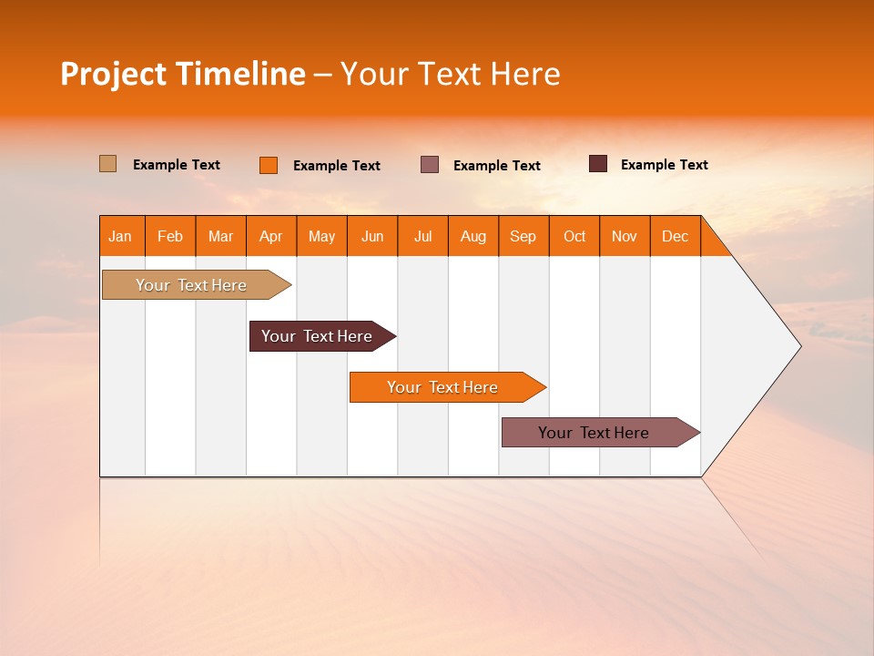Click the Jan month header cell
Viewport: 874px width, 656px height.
tap(121, 236)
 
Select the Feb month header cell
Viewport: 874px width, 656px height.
tap(170, 236)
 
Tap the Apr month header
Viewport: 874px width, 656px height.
tap(271, 236)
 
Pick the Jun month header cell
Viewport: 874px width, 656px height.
tap(372, 236)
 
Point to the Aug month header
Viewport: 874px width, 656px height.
tap(473, 236)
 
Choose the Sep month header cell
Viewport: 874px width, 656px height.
tap(523, 236)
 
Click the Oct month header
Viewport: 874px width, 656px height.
tap(574, 236)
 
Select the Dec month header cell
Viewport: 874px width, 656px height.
tap(676, 236)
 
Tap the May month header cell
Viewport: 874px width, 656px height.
tap(321, 236)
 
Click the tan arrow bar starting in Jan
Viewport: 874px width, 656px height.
tap(191, 285)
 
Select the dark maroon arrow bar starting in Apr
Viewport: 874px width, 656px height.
tap(318, 336)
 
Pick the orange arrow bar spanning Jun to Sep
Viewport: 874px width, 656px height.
tap(442, 387)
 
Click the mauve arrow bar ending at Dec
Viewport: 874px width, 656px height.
tap(595, 433)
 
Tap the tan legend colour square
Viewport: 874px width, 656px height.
tap(108, 164)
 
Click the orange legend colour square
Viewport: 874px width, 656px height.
tap(269, 165)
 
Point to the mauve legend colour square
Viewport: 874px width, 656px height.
tap(430, 165)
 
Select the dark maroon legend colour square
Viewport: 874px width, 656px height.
tap(597, 164)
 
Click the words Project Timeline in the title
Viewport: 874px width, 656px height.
tap(183, 74)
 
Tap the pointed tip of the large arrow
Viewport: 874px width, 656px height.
tap(798, 346)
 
